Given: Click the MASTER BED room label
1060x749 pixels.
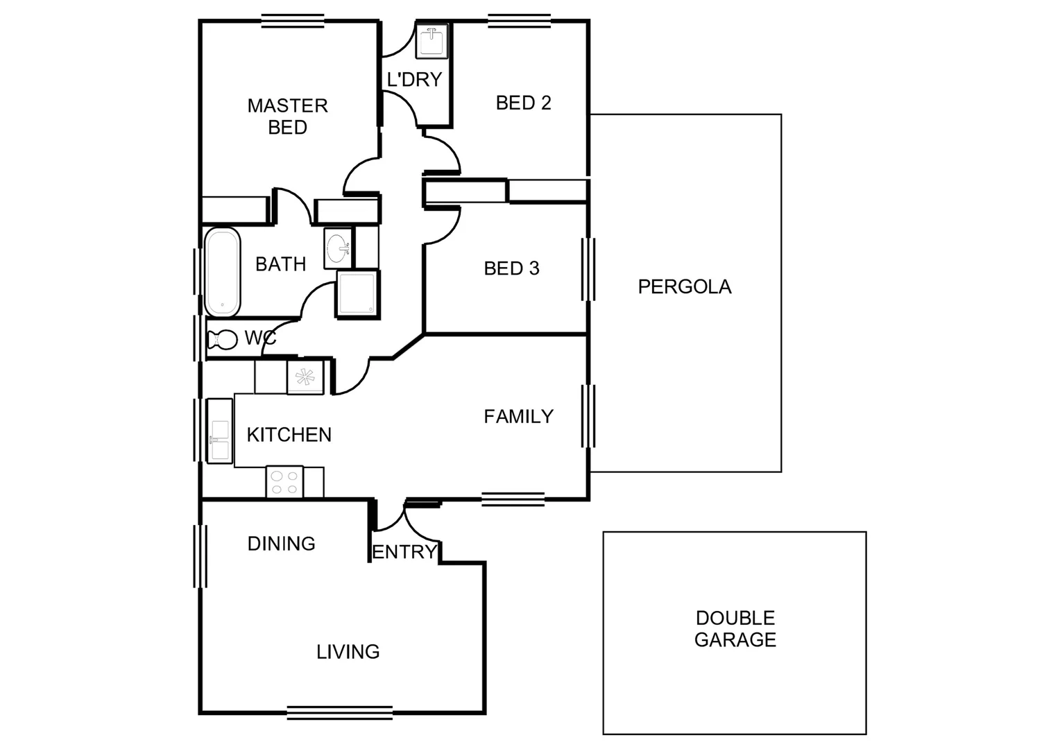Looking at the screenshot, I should (x=287, y=117).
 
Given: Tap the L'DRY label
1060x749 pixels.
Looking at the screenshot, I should (x=414, y=80).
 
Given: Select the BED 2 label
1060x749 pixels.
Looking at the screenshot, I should (x=523, y=103).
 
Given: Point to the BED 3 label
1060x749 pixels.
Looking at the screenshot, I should (x=511, y=268).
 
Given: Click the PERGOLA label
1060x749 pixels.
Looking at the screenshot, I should (x=684, y=286).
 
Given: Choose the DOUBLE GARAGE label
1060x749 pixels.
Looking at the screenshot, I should (x=735, y=629).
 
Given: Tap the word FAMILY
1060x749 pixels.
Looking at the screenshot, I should (x=518, y=416).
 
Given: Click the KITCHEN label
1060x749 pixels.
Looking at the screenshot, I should (x=289, y=435).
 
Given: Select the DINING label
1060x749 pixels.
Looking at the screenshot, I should (x=281, y=544).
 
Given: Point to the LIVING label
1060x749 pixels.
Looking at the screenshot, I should (x=348, y=652).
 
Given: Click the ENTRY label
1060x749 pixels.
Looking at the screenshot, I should (x=404, y=552).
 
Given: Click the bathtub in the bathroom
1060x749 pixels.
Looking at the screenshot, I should (x=222, y=272).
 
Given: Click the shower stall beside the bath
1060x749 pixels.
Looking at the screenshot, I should (x=357, y=293).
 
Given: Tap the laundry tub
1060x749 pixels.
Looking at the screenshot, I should (x=431, y=42).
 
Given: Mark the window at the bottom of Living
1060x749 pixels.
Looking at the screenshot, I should (x=340, y=712).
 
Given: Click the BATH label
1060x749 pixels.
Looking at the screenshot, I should (x=280, y=264).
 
